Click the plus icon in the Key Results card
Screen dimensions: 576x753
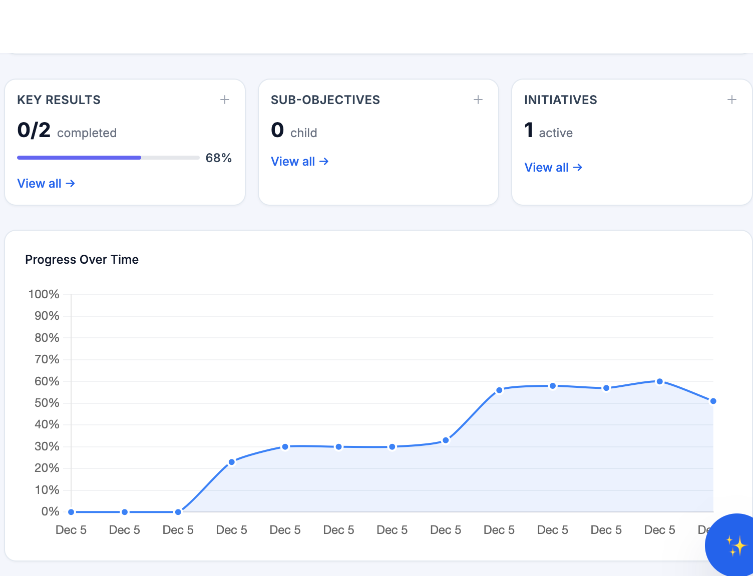225,100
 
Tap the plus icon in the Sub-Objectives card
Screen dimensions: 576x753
478,100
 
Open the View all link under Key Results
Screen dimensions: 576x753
46,184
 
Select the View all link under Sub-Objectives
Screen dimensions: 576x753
299,162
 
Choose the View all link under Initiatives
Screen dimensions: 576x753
553,168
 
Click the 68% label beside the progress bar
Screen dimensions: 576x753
218,158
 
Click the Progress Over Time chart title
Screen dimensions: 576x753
82,260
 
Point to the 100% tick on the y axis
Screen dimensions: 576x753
44,294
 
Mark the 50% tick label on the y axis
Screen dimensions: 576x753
47,403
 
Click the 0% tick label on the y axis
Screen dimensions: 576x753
50,511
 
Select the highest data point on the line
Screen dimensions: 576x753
659,381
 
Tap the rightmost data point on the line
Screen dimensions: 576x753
713,401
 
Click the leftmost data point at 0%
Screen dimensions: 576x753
71,512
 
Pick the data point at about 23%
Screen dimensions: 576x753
231,462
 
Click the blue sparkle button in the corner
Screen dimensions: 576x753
735,545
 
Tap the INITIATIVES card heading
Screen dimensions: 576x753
560,100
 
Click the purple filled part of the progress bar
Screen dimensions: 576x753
79,158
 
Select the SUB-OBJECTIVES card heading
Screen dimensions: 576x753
325,100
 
